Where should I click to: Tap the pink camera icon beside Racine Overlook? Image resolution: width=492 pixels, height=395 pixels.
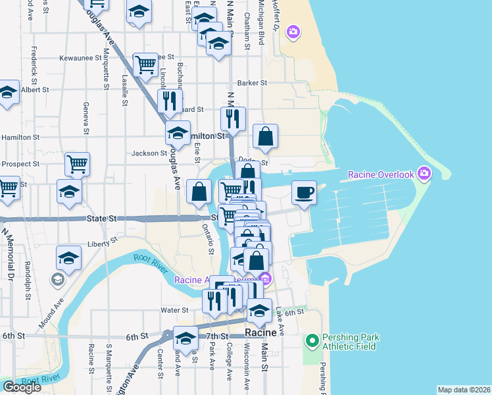424,174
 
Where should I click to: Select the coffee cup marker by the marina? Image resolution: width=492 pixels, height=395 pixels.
303,192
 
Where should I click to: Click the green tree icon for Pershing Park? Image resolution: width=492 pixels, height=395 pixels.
312,340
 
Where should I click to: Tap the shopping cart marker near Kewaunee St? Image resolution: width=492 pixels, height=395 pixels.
145,65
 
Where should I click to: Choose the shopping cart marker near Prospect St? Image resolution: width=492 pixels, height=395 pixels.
77,163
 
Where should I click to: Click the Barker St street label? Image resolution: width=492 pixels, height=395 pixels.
252,83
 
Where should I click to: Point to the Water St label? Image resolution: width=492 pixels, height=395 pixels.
174,309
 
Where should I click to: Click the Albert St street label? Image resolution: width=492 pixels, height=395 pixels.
35,90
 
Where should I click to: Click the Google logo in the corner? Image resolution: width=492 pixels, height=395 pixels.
22,387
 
